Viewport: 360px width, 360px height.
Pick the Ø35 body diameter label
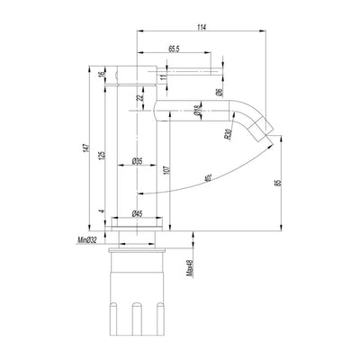pyautogui.click(x=139, y=161)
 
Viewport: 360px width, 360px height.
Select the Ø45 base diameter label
pyautogui.click(x=139, y=213)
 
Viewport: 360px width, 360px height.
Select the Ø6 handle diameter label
pyautogui.click(x=220, y=90)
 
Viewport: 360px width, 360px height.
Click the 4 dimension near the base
pyautogui.click(x=102, y=213)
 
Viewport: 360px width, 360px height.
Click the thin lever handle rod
pyautogui.click(x=189, y=69)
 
